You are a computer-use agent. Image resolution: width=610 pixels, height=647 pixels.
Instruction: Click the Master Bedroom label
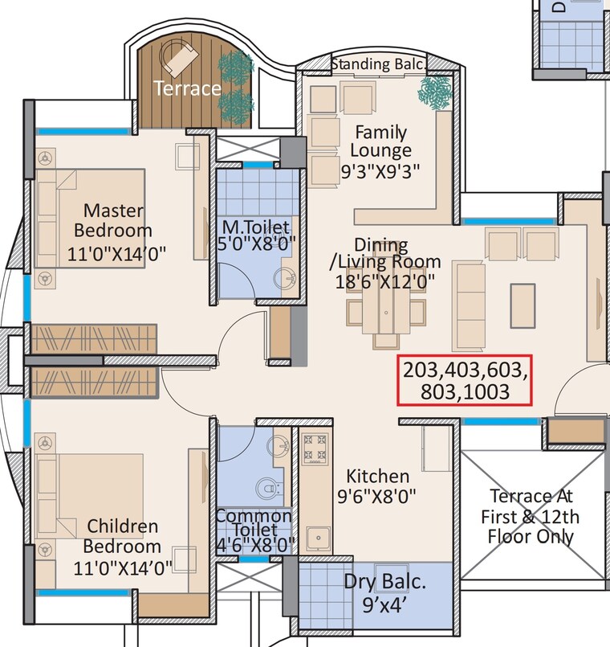click(x=113, y=220)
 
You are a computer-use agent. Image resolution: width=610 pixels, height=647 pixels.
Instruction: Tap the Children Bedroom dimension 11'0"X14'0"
click(x=124, y=567)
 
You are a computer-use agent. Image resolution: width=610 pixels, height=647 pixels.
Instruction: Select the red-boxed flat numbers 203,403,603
click(x=465, y=371)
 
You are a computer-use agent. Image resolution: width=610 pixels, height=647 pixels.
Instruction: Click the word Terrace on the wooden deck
click(x=187, y=88)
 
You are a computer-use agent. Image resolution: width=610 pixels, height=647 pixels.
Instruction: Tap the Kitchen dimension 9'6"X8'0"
click(x=376, y=497)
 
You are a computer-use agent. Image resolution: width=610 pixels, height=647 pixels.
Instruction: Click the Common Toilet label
click(x=254, y=523)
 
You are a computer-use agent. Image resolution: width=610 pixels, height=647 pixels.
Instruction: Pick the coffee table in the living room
click(x=523, y=305)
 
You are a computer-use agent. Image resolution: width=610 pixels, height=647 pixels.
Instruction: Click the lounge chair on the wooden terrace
click(x=178, y=58)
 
